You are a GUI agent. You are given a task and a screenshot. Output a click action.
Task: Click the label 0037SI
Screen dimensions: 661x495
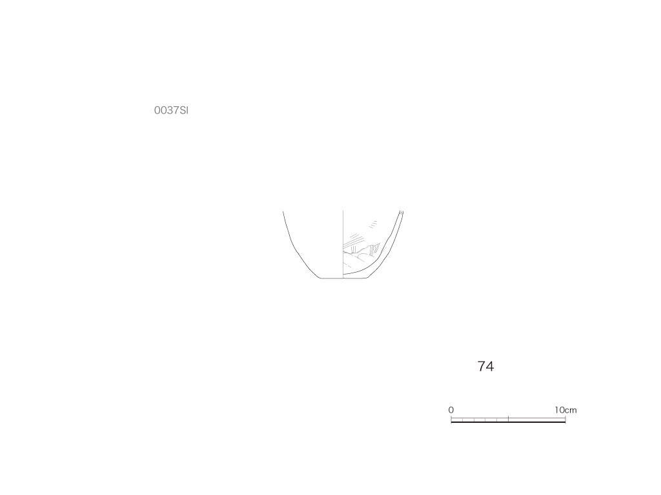[171, 110]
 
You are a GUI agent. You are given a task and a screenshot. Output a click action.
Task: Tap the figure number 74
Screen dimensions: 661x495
[485, 366]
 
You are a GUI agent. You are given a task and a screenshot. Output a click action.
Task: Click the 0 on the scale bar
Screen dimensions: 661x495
[451, 410]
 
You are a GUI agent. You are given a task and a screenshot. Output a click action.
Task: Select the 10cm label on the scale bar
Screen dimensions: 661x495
[565, 410]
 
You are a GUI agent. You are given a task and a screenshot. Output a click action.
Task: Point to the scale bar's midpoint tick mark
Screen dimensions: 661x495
[509, 419]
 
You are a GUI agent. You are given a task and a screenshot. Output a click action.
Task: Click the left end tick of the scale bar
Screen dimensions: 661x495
[451, 419]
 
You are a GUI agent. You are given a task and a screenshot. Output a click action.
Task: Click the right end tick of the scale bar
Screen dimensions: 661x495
[565, 419]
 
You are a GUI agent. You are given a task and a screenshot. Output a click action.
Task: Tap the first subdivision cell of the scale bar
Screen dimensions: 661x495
[457, 420]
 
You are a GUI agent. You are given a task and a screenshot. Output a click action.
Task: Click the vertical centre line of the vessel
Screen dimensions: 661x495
[343, 244]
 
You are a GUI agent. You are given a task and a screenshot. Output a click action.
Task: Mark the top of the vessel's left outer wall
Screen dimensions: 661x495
[283, 211]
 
